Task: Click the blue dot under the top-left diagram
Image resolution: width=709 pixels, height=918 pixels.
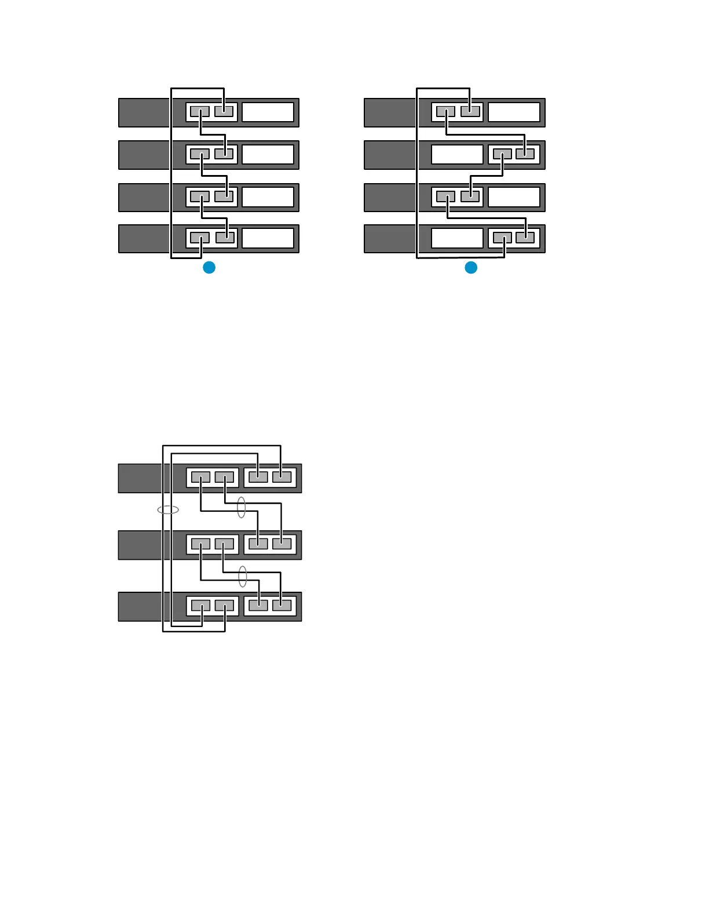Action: pos(209,267)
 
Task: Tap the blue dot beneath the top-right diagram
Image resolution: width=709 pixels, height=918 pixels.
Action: pos(471,267)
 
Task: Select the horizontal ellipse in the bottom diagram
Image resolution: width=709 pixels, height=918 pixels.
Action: pos(168,510)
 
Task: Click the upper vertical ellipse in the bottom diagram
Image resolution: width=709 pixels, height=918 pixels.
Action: pos(242,508)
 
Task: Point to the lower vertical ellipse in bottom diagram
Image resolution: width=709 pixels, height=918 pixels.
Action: pos(243,576)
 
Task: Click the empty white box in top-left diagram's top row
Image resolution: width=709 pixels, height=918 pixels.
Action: pos(268,112)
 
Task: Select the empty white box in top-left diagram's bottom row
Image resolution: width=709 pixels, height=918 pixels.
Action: pos(268,238)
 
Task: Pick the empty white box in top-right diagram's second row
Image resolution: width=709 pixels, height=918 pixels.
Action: pos(457,155)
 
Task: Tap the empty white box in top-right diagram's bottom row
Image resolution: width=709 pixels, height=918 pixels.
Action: pos(457,238)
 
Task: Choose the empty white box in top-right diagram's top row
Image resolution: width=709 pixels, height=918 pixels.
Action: pos(514,112)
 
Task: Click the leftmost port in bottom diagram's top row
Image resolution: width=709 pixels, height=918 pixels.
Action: pos(200,478)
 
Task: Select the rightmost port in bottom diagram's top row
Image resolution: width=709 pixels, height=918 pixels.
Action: pos(282,478)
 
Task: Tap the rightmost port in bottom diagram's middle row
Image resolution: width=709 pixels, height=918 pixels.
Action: pos(282,544)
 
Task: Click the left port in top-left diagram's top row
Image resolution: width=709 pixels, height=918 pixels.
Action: pos(200,111)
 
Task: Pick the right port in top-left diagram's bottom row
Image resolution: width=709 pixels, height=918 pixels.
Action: pos(224,238)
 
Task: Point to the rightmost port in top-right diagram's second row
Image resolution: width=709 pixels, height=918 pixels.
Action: pos(525,154)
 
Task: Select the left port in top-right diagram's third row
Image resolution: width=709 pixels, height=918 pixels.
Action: pos(445,196)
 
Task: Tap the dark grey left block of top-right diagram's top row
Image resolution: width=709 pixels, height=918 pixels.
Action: pos(390,112)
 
